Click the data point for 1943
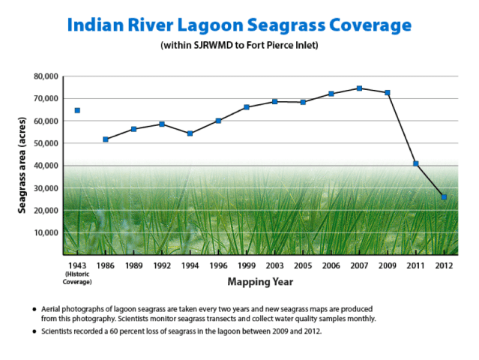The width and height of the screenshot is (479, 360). pos(77,110)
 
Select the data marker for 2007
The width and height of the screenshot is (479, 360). pos(359,88)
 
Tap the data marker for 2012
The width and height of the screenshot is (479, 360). pos(444,197)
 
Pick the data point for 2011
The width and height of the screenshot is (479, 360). pos(415,163)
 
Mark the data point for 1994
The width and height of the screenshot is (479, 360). pos(190,133)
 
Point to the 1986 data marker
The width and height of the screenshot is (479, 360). pos(106,139)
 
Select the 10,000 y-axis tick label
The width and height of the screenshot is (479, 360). pos(45,232)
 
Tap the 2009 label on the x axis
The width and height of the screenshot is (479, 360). pos(387,265)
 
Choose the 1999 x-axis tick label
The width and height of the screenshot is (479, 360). pos(246,265)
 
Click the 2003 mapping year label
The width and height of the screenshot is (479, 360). pos(274,265)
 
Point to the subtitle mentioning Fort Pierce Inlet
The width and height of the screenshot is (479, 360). pos(239,46)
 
